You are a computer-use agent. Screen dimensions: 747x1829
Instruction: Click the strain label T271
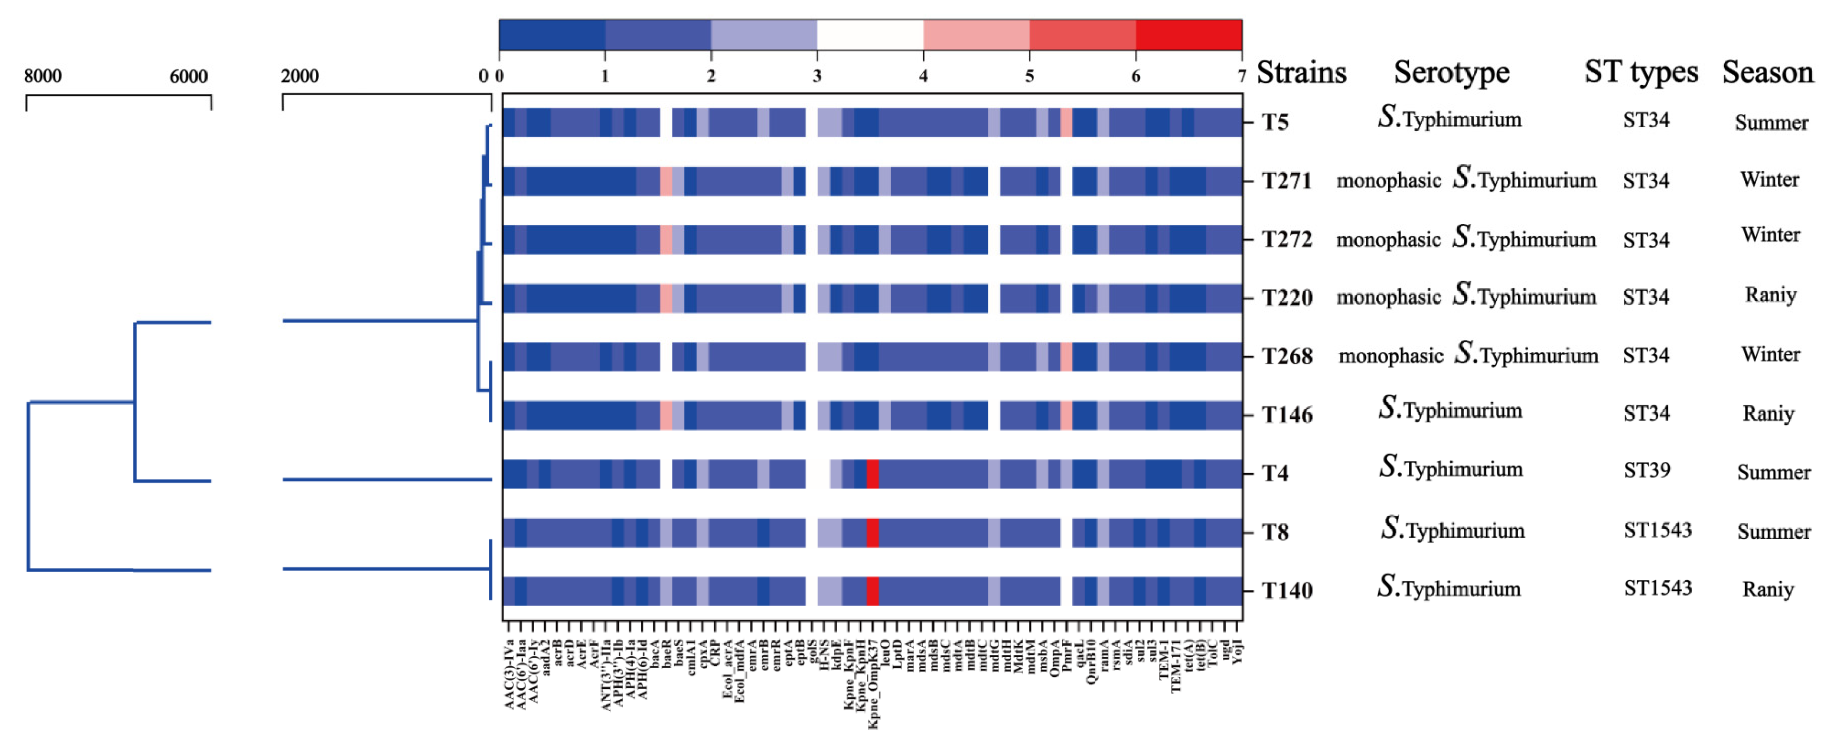(x=1286, y=181)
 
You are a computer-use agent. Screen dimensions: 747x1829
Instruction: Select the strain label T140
(x=1286, y=591)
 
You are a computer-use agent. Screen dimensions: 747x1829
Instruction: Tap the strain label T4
(x=1275, y=474)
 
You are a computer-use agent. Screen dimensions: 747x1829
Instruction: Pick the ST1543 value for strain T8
(x=1657, y=530)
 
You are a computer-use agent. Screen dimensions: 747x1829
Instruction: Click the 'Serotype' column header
(x=1451, y=72)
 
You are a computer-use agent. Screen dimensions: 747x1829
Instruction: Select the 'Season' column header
(x=1767, y=72)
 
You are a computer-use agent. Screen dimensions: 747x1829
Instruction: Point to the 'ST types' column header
(x=1641, y=72)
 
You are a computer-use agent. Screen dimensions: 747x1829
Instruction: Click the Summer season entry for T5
(x=1772, y=123)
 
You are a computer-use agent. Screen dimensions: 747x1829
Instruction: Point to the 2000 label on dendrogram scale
(x=300, y=76)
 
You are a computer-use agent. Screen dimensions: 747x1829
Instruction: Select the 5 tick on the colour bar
(x=1029, y=76)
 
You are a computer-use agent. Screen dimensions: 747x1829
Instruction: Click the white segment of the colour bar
(x=870, y=35)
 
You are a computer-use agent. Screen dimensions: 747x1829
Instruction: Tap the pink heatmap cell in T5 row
(x=1066, y=123)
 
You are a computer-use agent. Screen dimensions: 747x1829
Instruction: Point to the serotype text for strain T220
(x=1466, y=297)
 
